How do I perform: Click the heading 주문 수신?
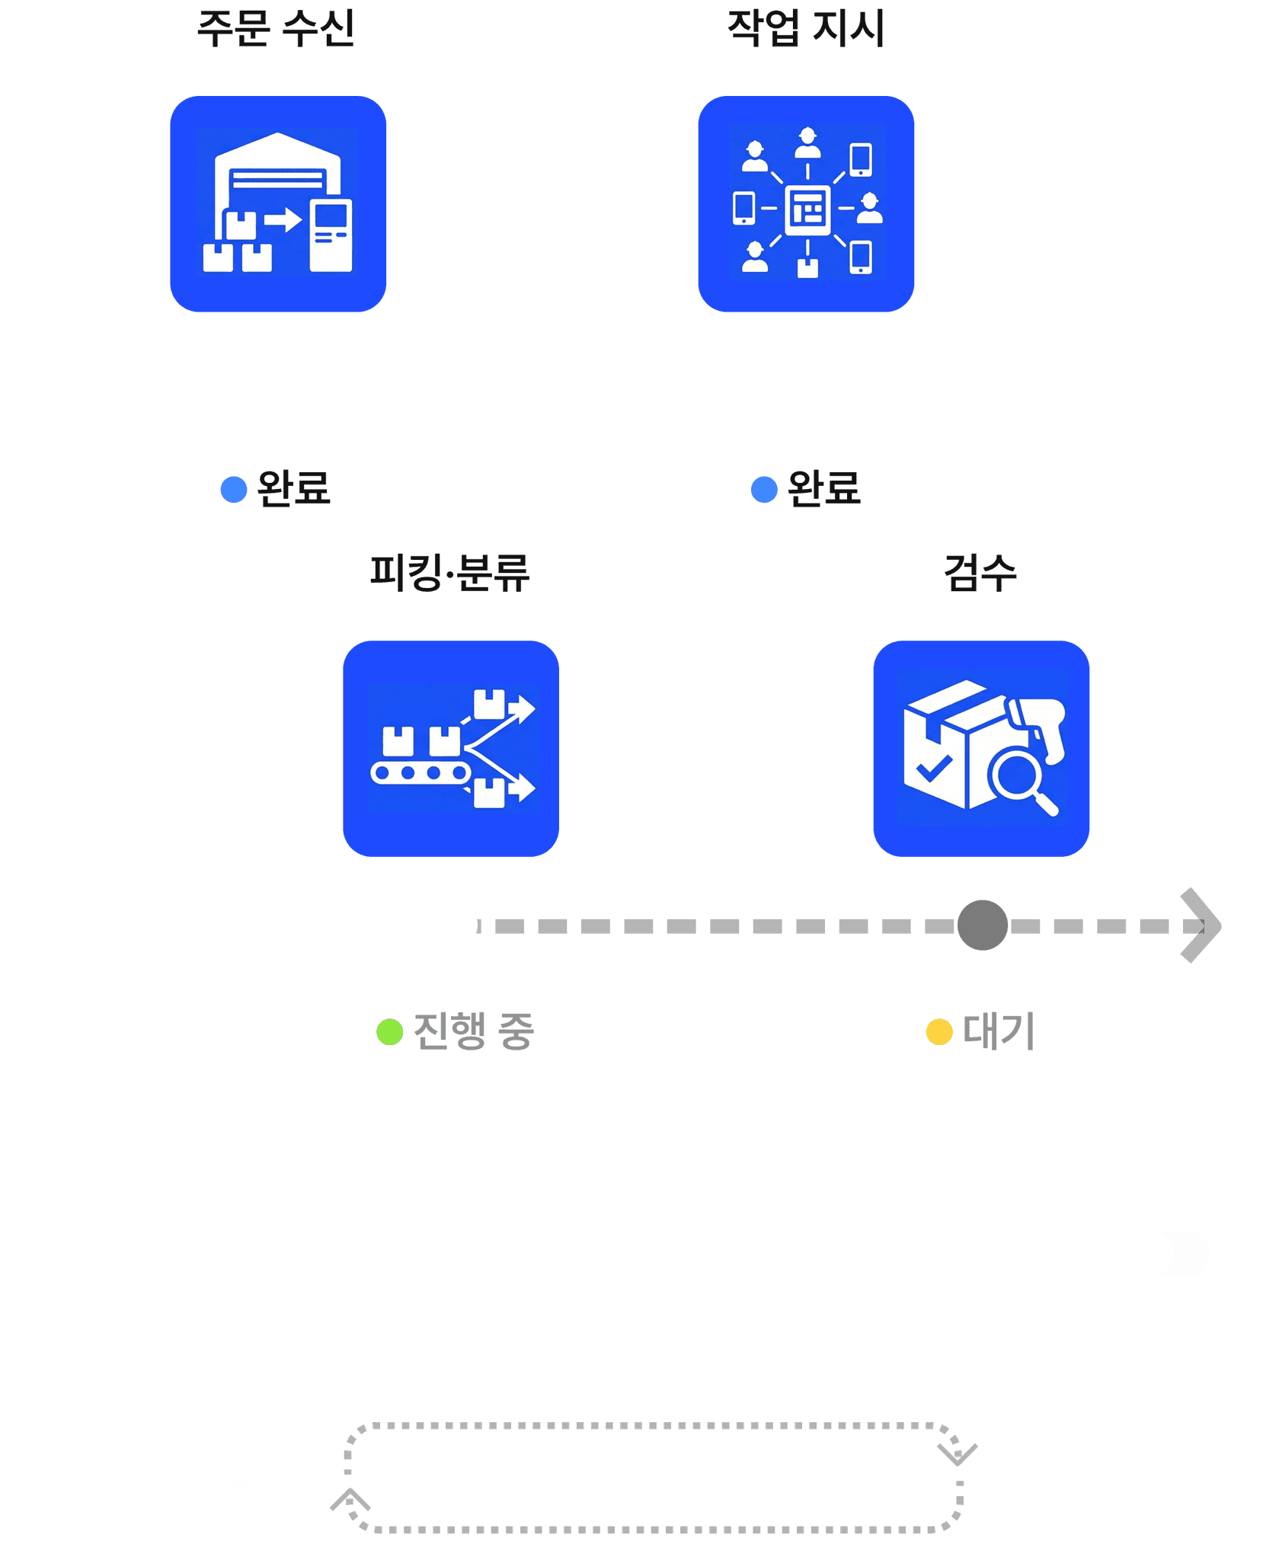[x=276, y=29]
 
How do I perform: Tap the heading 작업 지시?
[x=806, y=29]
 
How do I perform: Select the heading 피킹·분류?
[x=449, y=573]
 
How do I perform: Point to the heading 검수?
[x=980, y=573]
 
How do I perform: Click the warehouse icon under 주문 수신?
[x=278, y=203]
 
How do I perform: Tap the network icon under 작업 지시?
[x=806, y=203]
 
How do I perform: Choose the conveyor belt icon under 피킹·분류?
[x=451, y=749]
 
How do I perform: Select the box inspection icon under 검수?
[x=981, y=749]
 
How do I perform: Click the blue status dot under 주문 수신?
[x=234, y=489]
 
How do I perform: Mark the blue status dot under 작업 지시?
[x=764, y=489]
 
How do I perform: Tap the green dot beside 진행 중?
[x=390, y=1032]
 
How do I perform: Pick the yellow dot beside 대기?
[x=939, y=1032]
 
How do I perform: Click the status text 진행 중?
[x=474, y=1031]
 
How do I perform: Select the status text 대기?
[x=999, y=1031]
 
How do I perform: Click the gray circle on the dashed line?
[x=983, y=925]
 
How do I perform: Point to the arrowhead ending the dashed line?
[x=1201, y=925]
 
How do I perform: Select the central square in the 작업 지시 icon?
[x=807, y=208]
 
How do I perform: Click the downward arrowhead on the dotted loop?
[x=958, y=1453]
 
